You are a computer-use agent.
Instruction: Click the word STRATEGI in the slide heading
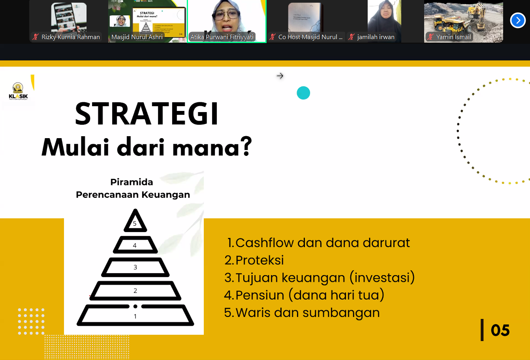coord(147,114)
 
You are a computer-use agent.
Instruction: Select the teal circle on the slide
coord(303,93)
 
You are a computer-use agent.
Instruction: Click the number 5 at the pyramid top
coord(135,223)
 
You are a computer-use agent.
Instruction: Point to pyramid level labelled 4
coord(135,246)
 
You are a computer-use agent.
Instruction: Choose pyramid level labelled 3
coord(135,267)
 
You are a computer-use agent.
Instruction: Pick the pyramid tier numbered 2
coord(135,291)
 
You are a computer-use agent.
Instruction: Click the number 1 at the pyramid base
coord(135,316)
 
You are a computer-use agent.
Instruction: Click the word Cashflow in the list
coord(265,243)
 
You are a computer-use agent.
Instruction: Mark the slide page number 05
coord(500,330)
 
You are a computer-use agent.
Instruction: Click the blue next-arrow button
coord(518,20)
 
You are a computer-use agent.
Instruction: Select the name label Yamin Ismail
coord(453,37)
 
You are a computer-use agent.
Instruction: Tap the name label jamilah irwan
coord(376,37)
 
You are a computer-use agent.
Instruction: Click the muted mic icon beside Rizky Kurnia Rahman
coord(36,37)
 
